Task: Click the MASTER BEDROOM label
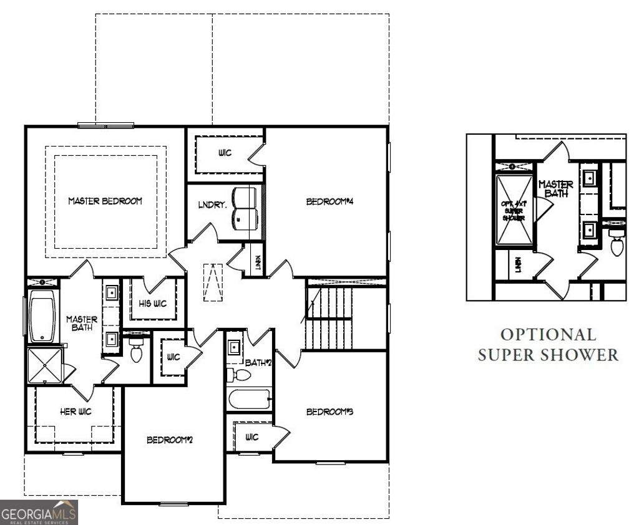[x=105, y=201]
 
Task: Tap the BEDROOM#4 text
[x=326, y=201]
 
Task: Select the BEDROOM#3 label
[x=326, y=412]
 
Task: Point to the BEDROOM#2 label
[x=169, y=440]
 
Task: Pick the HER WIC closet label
[x=76, y=412]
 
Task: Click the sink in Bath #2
[x=234, y=347]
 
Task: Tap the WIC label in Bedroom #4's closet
[x=225, y=153]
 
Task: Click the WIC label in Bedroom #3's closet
[x=252, y=436]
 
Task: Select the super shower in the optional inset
[x=515, y=210]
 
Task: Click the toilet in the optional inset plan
[x=617, y=245]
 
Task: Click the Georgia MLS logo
[x=39, y=513]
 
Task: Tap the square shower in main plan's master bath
[x=45, y=365]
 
